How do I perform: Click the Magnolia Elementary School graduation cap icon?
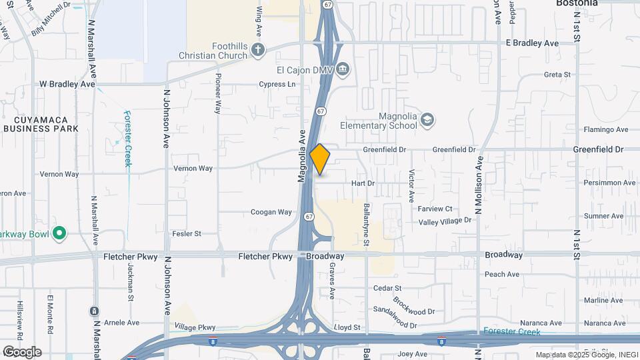[427, 120]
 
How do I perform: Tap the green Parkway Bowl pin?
[59, 233]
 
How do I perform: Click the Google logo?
[21, 351]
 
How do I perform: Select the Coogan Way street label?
[271, 212]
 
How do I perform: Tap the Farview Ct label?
[435, 209]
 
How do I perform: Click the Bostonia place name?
[577, 3]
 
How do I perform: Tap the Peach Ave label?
[502, 274]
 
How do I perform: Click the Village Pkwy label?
[195, 327]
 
